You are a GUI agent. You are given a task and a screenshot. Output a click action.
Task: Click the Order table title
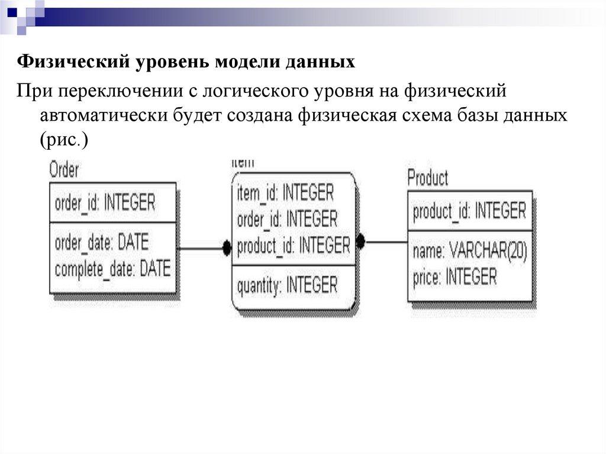coord(63,170)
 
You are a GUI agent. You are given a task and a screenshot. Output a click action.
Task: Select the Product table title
coord(428,178)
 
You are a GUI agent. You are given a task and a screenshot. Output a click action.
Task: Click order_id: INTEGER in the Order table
coord(105,203)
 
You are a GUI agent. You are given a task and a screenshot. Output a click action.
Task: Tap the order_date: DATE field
coord(102,242)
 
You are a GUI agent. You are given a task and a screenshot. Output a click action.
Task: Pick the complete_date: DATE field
coord(112,269)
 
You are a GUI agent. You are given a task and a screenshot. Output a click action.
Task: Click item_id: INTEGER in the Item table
coord(285,192)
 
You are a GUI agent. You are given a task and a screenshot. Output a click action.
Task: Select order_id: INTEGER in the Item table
coord(287,219)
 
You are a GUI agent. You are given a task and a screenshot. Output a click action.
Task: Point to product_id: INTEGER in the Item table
coord(294,245)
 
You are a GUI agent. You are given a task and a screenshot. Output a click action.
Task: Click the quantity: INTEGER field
coord(287,286)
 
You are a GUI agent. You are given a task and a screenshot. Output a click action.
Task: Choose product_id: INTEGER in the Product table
coord(469,211)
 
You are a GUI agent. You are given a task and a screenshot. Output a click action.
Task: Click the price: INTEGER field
coord(454,276)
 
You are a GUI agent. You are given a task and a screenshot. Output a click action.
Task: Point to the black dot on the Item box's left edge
coord(227,249)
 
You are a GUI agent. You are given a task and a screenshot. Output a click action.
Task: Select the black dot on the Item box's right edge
coord(360,242)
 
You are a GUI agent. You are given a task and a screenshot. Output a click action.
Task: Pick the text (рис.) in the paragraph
coord(64,140)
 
